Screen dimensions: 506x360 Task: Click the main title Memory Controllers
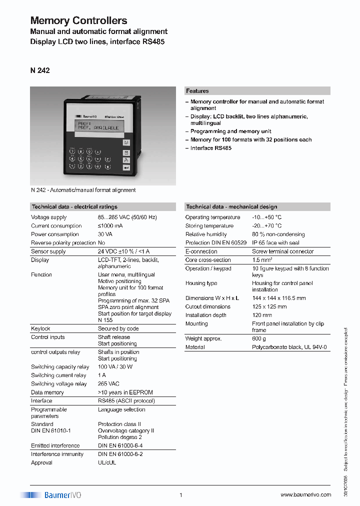(78, 21)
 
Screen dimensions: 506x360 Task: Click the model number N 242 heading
(40, 70)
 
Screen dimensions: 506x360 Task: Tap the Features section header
(197, 91)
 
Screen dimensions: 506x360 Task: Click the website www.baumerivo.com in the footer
(305, 494)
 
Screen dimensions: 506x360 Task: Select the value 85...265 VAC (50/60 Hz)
(127, 217)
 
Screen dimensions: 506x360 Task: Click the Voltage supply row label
(48, 217)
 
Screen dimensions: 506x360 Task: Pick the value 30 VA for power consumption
(105, 234)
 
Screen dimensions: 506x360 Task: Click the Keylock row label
(40, 328)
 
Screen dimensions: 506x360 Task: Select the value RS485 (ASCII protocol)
(126, 401)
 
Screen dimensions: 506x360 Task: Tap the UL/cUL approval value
(106, 462)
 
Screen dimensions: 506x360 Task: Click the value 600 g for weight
(259, 338)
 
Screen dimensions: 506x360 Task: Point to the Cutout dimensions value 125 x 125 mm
(269, 306)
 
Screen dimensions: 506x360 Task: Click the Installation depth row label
(205, 315)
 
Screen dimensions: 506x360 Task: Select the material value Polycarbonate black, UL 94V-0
(289, 347)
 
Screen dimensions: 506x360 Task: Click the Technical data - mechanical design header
(231, 206)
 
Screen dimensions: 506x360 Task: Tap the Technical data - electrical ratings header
(74, 206)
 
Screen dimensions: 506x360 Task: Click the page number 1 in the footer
(180, 495)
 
